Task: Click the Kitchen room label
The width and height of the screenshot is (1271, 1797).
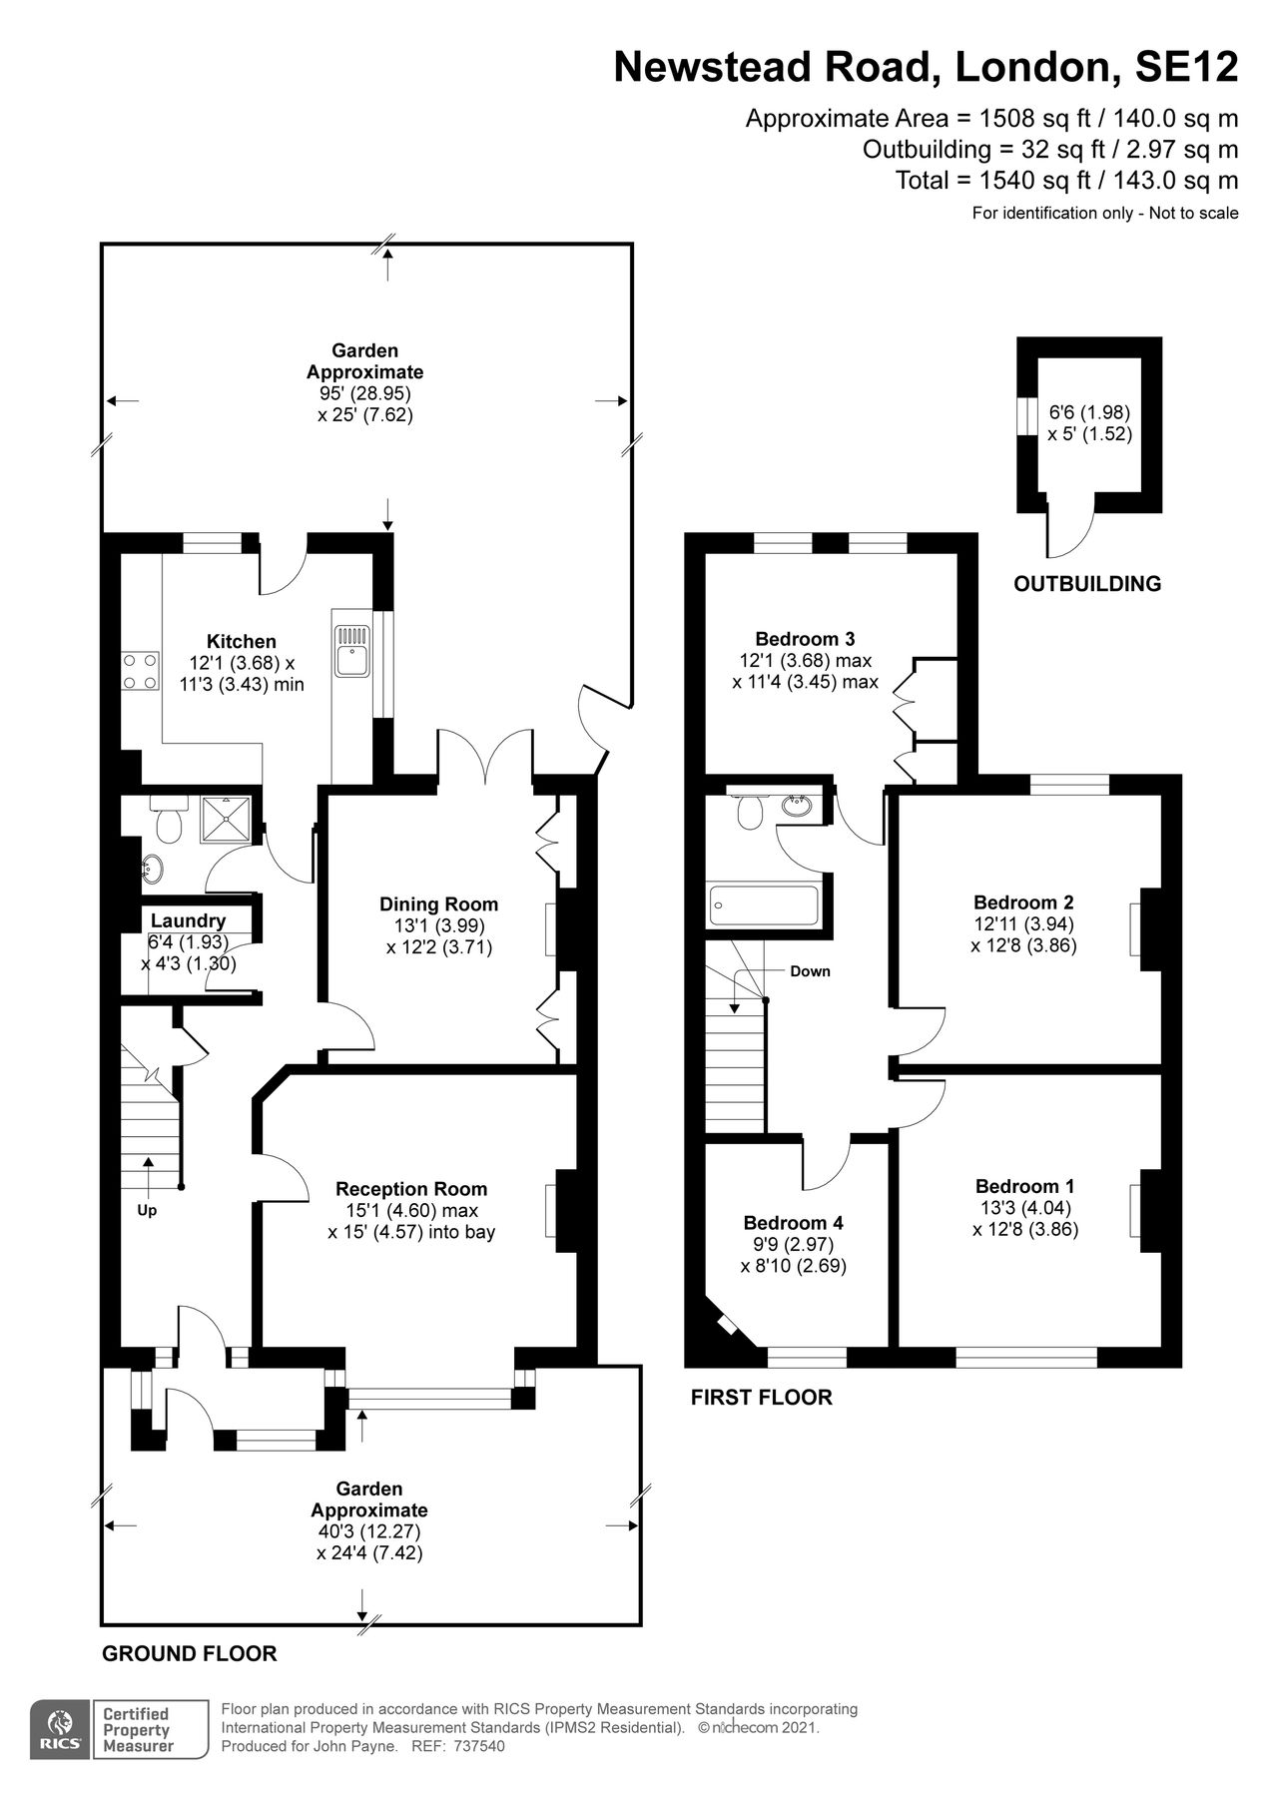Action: (241, 641)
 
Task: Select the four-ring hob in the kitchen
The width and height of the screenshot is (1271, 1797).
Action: (140, 670)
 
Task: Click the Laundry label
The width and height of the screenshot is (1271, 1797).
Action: (188, 920)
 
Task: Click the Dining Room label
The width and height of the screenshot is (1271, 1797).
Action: (438, 904)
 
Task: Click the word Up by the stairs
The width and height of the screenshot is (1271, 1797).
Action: (148, 1210)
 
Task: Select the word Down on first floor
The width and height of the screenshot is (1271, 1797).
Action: (810, 970)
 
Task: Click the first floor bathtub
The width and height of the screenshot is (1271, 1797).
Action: (764, 905)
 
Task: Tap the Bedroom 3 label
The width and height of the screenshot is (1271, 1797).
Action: (805, 639)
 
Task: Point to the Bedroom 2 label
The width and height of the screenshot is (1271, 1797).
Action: (1023, 901)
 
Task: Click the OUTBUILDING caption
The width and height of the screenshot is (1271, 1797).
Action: (1087, 584)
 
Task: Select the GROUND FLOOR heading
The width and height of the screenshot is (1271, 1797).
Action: (189, 1653)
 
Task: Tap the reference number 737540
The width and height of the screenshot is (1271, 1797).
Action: (479, 1746)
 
